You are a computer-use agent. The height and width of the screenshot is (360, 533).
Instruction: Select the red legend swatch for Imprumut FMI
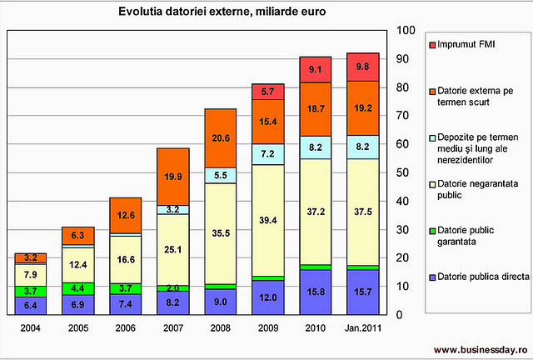[x=433, y=44]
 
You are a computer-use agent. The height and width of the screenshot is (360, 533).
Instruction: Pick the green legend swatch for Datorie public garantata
[x=433, y=237]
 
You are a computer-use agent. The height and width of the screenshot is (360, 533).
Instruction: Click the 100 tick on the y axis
[x=406, y=31]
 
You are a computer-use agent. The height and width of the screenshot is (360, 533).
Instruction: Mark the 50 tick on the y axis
[x=403, y=172]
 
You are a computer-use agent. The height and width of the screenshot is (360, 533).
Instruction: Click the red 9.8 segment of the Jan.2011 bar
[x=362, y=67]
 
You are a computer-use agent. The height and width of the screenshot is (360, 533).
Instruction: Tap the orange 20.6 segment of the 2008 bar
[x=221, y=138]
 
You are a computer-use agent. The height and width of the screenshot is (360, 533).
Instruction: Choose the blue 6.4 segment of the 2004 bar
[x=31, y=306]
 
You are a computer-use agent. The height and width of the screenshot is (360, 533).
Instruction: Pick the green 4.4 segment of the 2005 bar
[x=77, y=288]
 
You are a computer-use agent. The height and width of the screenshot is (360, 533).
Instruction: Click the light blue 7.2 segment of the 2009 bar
[x=268, y=155]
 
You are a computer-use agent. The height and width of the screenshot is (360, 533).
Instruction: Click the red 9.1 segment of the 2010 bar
[x=315, y=70]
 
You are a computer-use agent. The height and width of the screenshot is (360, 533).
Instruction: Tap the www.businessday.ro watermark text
[x=481, y=349]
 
